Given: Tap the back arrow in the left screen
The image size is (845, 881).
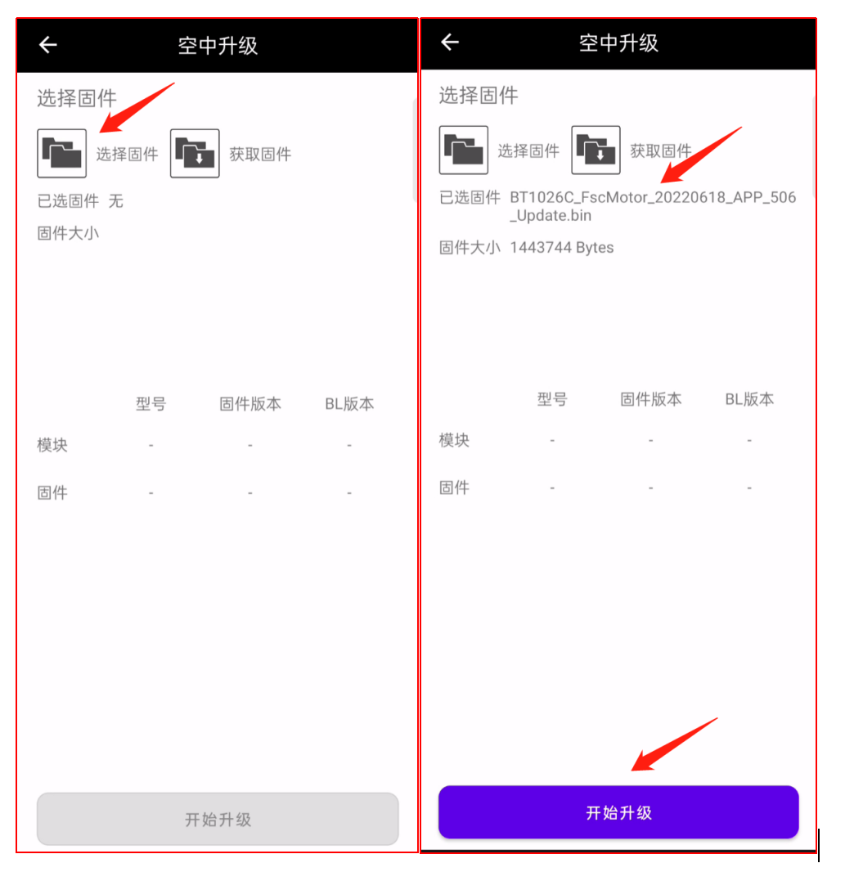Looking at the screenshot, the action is tap(48, 44).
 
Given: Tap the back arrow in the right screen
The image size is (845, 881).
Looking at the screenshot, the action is tap(450, 42).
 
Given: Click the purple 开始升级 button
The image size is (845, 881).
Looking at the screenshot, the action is tap(618, 812).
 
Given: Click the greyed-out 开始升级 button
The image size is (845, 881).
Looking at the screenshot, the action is tap(218, 819).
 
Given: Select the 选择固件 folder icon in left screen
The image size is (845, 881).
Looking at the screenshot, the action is tap(62, 154).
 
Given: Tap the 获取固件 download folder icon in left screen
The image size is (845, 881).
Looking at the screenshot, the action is tap(195, 154).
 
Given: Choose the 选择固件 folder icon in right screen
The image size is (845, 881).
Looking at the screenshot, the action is tap(464, 150).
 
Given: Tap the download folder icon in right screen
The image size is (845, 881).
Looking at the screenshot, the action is tap(596, 150).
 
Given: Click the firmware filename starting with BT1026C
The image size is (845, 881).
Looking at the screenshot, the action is tap(653, 206).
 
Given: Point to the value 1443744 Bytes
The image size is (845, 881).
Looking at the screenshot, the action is tap(562, 247).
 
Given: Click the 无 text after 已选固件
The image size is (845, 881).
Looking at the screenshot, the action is tap(115, 200).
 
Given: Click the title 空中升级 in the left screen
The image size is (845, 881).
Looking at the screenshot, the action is tap(218, 46).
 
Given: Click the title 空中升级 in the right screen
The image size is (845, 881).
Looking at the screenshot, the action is tap(618, 43).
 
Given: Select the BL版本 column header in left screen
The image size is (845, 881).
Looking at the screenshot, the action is tap(349, 403).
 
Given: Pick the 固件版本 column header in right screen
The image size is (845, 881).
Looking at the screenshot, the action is tap(651, 399).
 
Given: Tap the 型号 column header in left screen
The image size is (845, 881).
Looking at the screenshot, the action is tap(151, 403).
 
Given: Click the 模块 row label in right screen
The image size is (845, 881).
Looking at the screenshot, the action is tap(454, 440).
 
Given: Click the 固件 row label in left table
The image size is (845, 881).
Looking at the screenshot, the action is tap(52, 492).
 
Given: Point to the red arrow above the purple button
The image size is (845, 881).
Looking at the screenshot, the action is tap(674, 744).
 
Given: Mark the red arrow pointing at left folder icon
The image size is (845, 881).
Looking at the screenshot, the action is tap(137, 108).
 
